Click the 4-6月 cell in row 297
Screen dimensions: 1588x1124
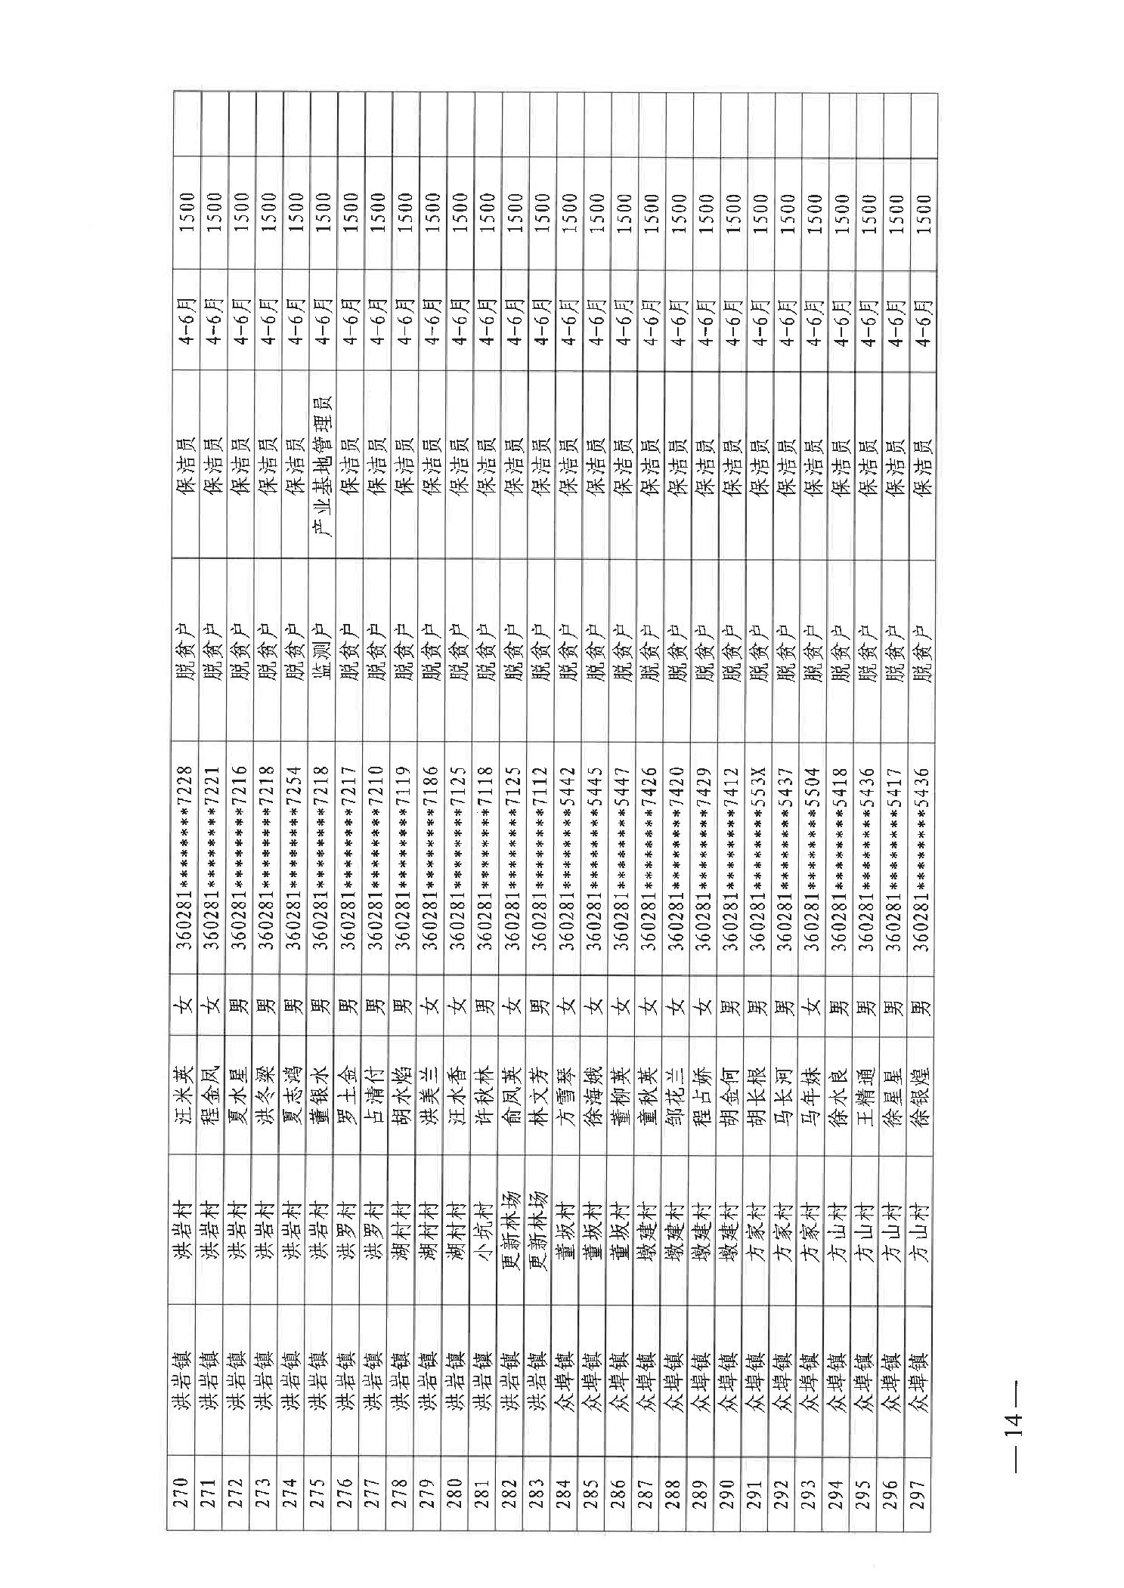pyautogui.click(x=922, y=322)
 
